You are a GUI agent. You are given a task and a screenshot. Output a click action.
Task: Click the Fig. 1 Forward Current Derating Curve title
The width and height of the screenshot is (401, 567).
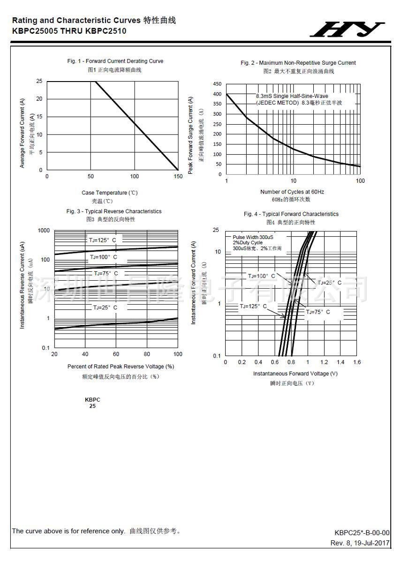[115, 61]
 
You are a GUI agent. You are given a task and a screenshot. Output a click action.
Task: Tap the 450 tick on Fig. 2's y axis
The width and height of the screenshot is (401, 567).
[217, 84]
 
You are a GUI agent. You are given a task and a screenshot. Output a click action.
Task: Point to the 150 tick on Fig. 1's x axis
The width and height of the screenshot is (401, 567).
[178, 177]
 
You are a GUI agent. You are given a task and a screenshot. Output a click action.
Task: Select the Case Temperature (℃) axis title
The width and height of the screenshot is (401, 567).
[110, 193]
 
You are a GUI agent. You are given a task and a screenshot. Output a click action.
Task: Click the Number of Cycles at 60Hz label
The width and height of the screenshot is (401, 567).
[292, 192]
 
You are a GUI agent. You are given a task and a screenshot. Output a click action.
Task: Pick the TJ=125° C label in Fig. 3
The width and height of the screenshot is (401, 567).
[102, 240]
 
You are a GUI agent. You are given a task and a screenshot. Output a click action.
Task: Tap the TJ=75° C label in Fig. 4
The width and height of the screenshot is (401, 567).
[318, 312]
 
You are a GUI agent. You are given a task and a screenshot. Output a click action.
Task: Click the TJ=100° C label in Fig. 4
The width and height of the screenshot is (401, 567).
[262, 276]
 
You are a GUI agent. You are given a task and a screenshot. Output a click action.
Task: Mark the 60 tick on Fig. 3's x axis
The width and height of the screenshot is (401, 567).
[116, 354]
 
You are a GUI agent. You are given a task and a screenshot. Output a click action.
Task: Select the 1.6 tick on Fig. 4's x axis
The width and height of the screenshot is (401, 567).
[357, 362]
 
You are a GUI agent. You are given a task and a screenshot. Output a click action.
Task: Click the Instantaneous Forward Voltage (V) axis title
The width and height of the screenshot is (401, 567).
[295, 373]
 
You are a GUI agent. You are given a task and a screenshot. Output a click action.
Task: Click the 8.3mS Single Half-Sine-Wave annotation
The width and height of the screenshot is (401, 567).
[292, 96]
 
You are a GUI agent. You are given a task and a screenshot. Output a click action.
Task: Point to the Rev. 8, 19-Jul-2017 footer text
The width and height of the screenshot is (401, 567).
[360, 543]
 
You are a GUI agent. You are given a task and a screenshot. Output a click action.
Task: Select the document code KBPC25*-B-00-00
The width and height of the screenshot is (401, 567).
[362, 533]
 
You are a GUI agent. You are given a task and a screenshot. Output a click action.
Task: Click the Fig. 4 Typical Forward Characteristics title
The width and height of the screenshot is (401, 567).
[291, 214]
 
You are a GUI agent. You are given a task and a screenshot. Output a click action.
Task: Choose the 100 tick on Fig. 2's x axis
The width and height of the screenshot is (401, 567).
[360, 181]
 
